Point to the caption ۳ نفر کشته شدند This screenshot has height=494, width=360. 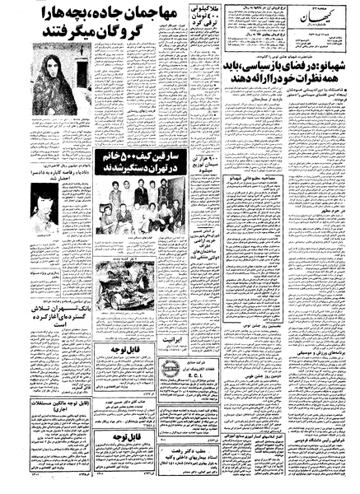tap(136, 258)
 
